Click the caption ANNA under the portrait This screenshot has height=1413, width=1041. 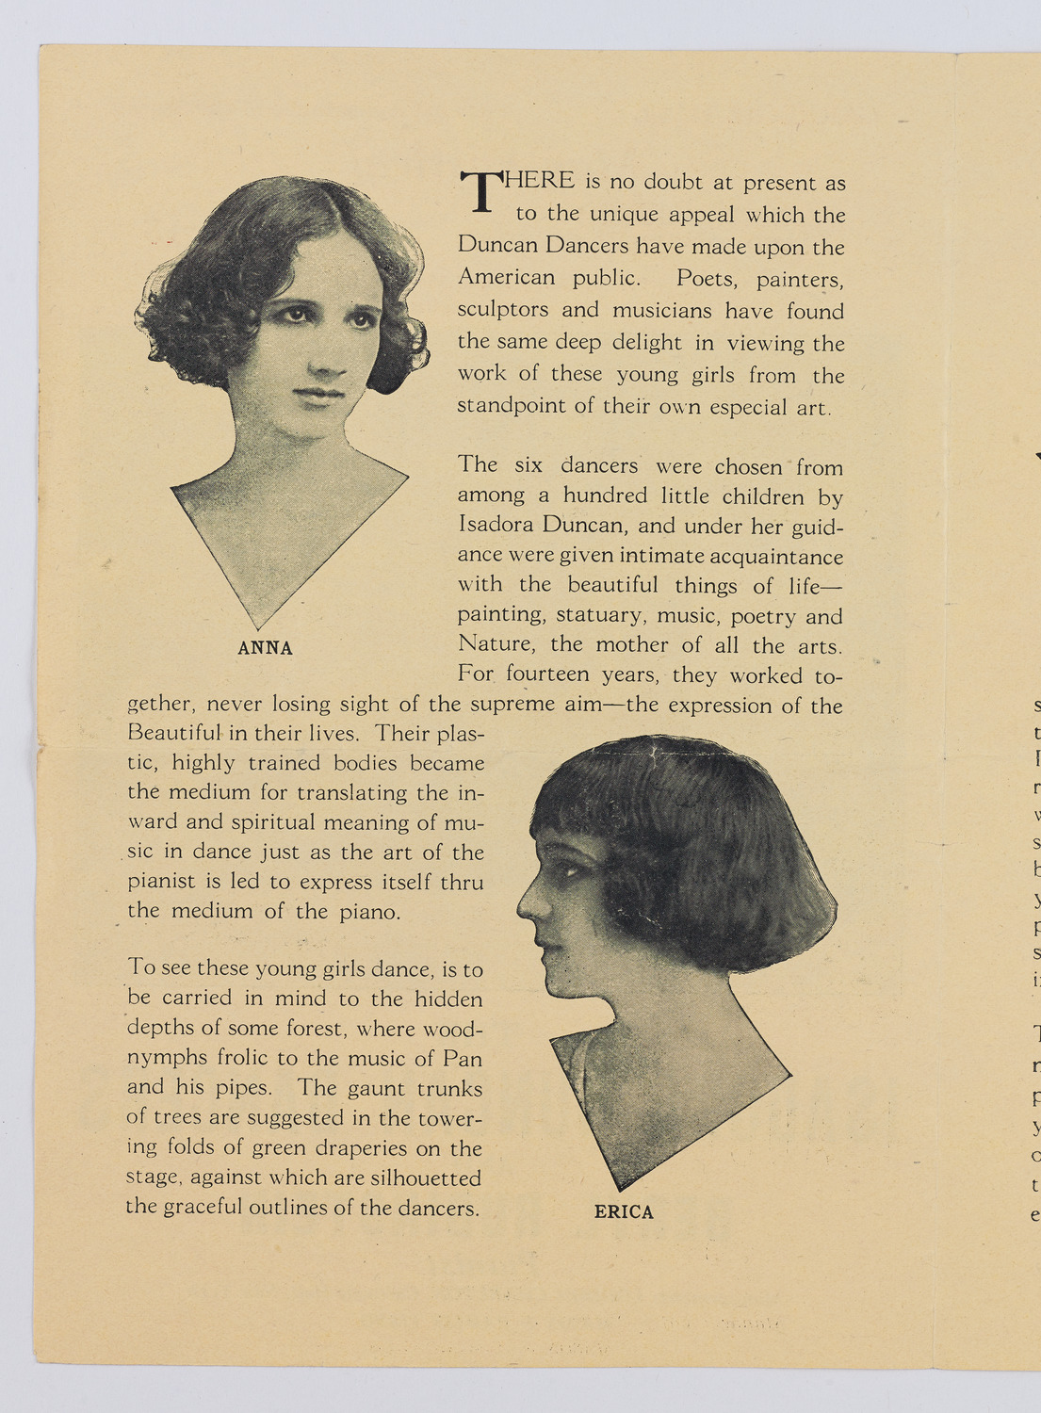click(265, 648)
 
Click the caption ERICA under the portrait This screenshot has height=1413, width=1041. click(624, 1212)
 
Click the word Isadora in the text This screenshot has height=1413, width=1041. click(496, 526)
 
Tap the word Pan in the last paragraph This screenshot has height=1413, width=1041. click(462, 1058)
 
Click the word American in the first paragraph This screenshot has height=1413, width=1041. click(507, 277)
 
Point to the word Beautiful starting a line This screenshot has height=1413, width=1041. click(174, 733)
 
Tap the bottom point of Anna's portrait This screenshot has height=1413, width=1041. click(257, 628)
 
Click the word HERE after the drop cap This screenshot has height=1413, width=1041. click(540, 180)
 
